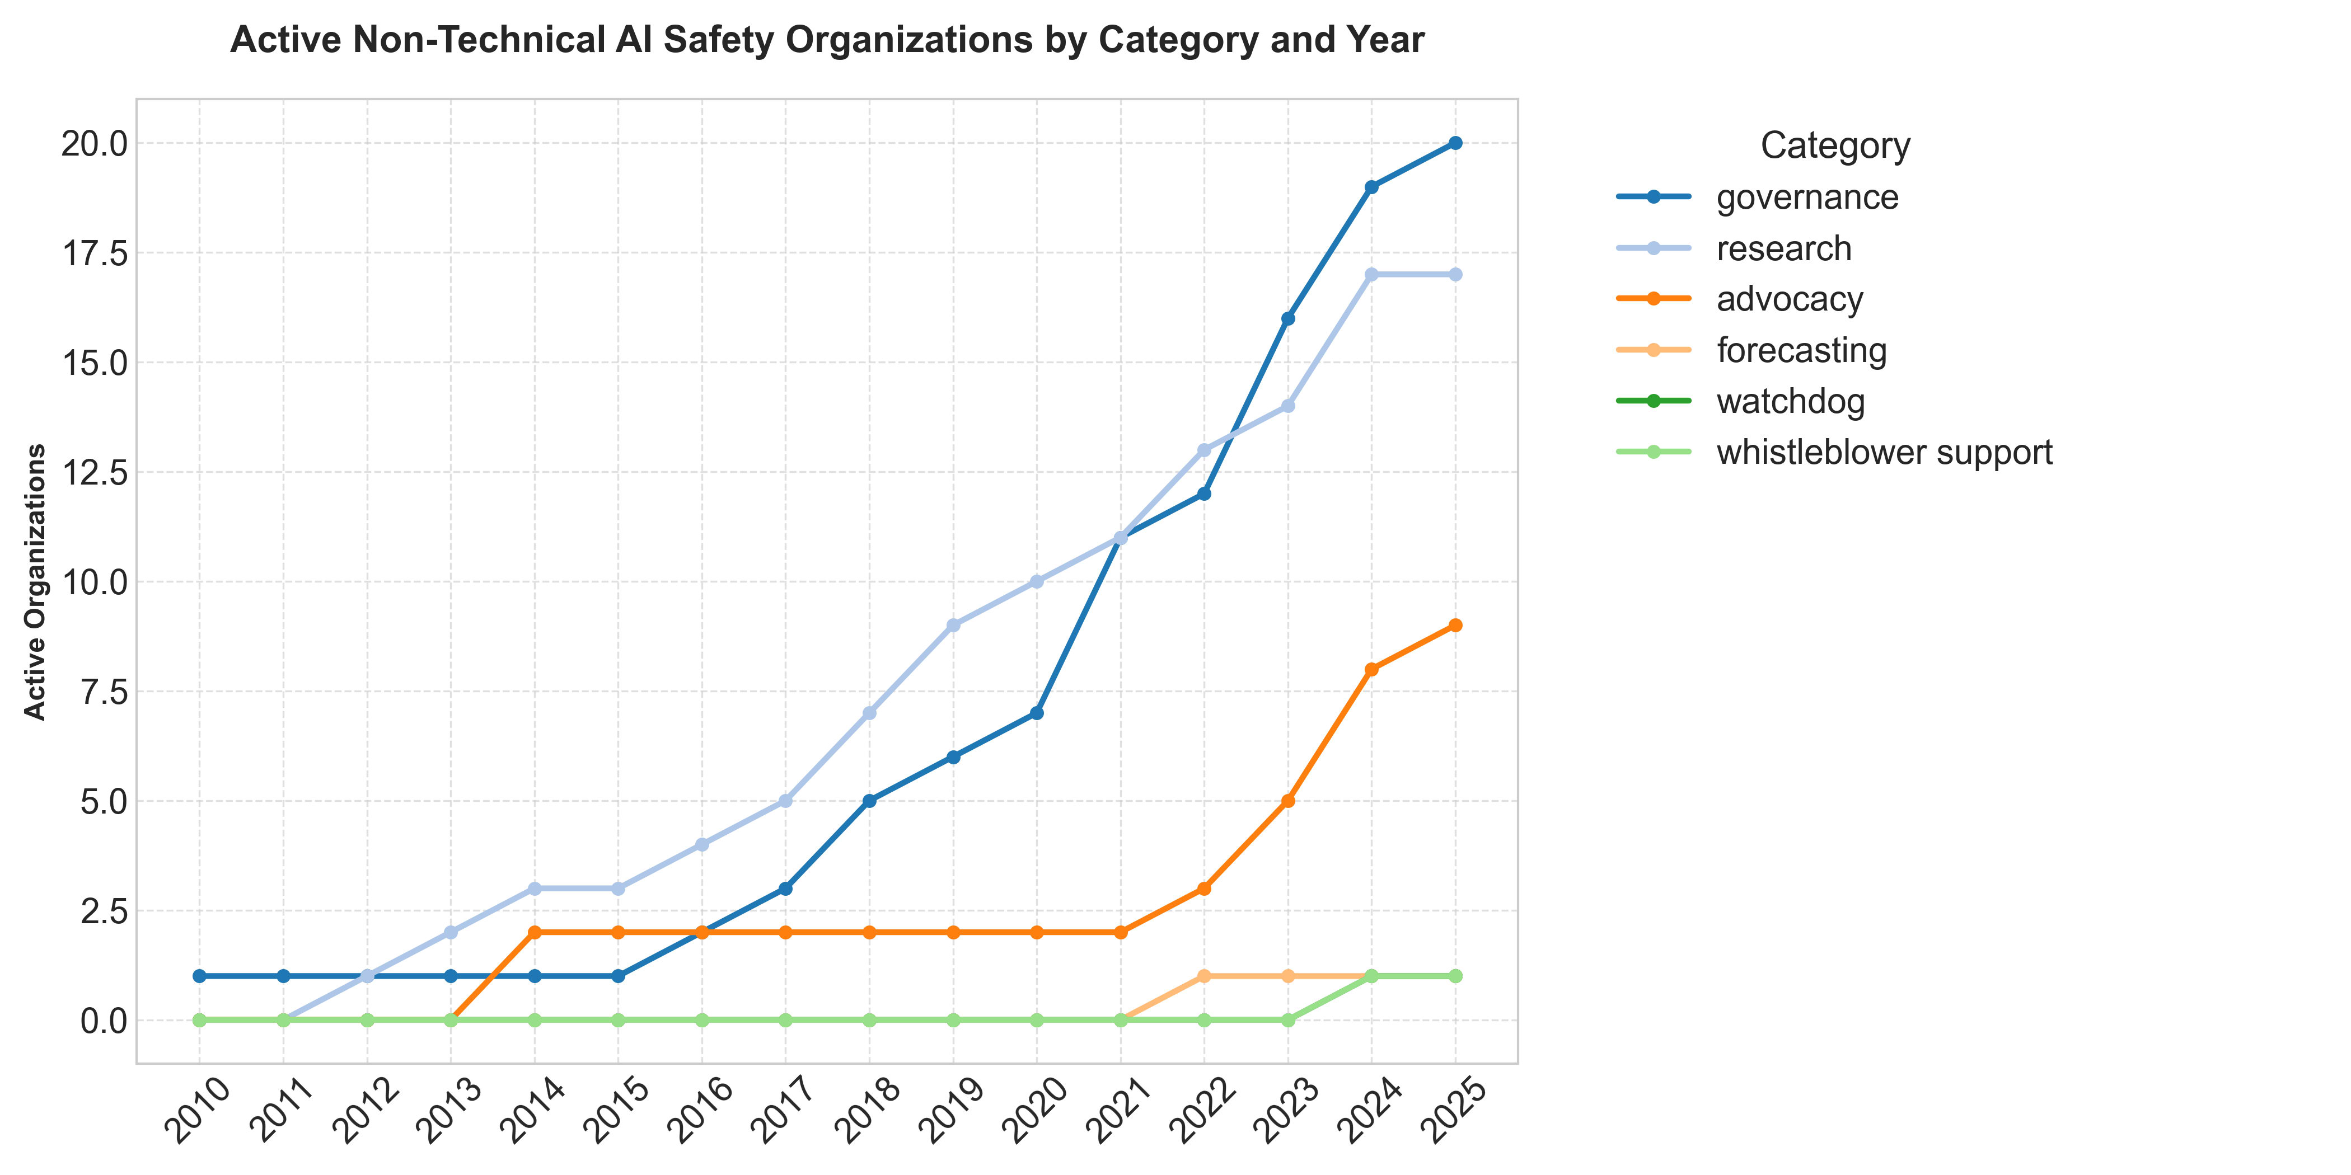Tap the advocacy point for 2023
click(x=1288, y=801)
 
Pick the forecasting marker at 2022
click(x=1204, y=976)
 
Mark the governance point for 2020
click(x=1037, y=713)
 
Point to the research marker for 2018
click(x=869, y=713)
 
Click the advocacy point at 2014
click(x=535, y=932)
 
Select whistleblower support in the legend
click(x=1884, y=453)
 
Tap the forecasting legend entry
click(x=1801, y=350)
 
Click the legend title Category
click(x=1834, y=146)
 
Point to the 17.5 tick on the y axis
click(x=95, y=253)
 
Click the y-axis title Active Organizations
click(x=35, y=582)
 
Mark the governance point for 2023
click(x=1288, y=318)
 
